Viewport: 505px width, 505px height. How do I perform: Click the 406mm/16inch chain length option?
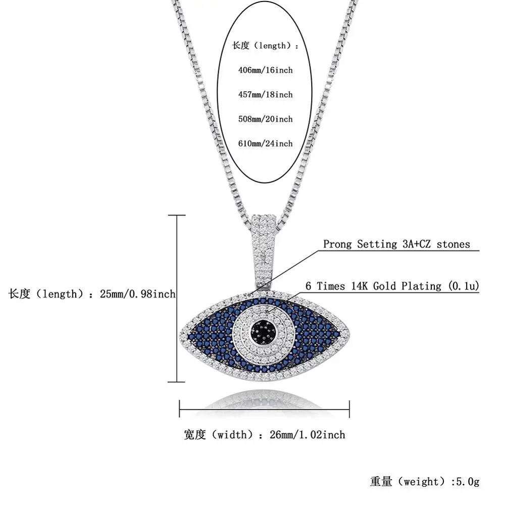(x=265, y=70)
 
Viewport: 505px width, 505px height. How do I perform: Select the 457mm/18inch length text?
(x=265, y=94)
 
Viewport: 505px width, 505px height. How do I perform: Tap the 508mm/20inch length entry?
(x=265, y=119)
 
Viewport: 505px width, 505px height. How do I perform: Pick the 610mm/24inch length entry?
(x=265, y=143)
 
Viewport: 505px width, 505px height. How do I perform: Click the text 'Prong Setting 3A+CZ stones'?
(x=396, y=244)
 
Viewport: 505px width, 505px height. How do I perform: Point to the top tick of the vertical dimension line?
(x=176, y=215)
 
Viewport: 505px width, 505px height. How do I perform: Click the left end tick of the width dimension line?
(x=180, y=409)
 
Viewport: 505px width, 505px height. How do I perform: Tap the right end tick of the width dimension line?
(x=349, y=409)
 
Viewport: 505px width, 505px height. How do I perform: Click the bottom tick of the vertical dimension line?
(x=176, y=382)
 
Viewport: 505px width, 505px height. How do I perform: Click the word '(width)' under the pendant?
(x=229, y=434)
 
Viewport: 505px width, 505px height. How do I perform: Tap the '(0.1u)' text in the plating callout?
(x=462, y=286)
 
